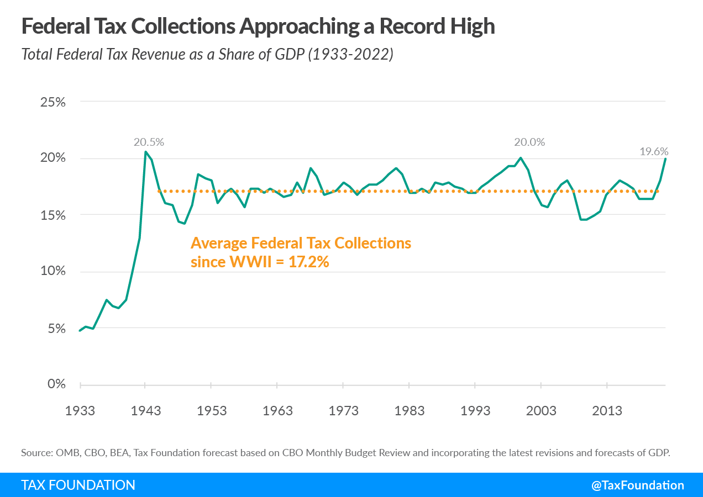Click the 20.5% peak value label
coord(149,142)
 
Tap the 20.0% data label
coord(529,142)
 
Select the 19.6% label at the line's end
coord(654,151)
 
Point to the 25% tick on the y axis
coord(53,102)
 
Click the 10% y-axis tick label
coord(53,271)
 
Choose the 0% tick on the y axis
coord(56,384)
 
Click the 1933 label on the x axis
coord(80,411)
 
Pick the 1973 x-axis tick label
coord(344,411)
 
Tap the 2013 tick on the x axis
coord(607,411)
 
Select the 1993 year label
coord(475,411)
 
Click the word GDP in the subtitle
coord(287,55)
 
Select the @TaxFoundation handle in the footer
coord(638,485)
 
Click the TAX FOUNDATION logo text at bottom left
coord(78,485)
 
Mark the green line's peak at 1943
coord(145,151)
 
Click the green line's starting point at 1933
coord(80,331)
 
